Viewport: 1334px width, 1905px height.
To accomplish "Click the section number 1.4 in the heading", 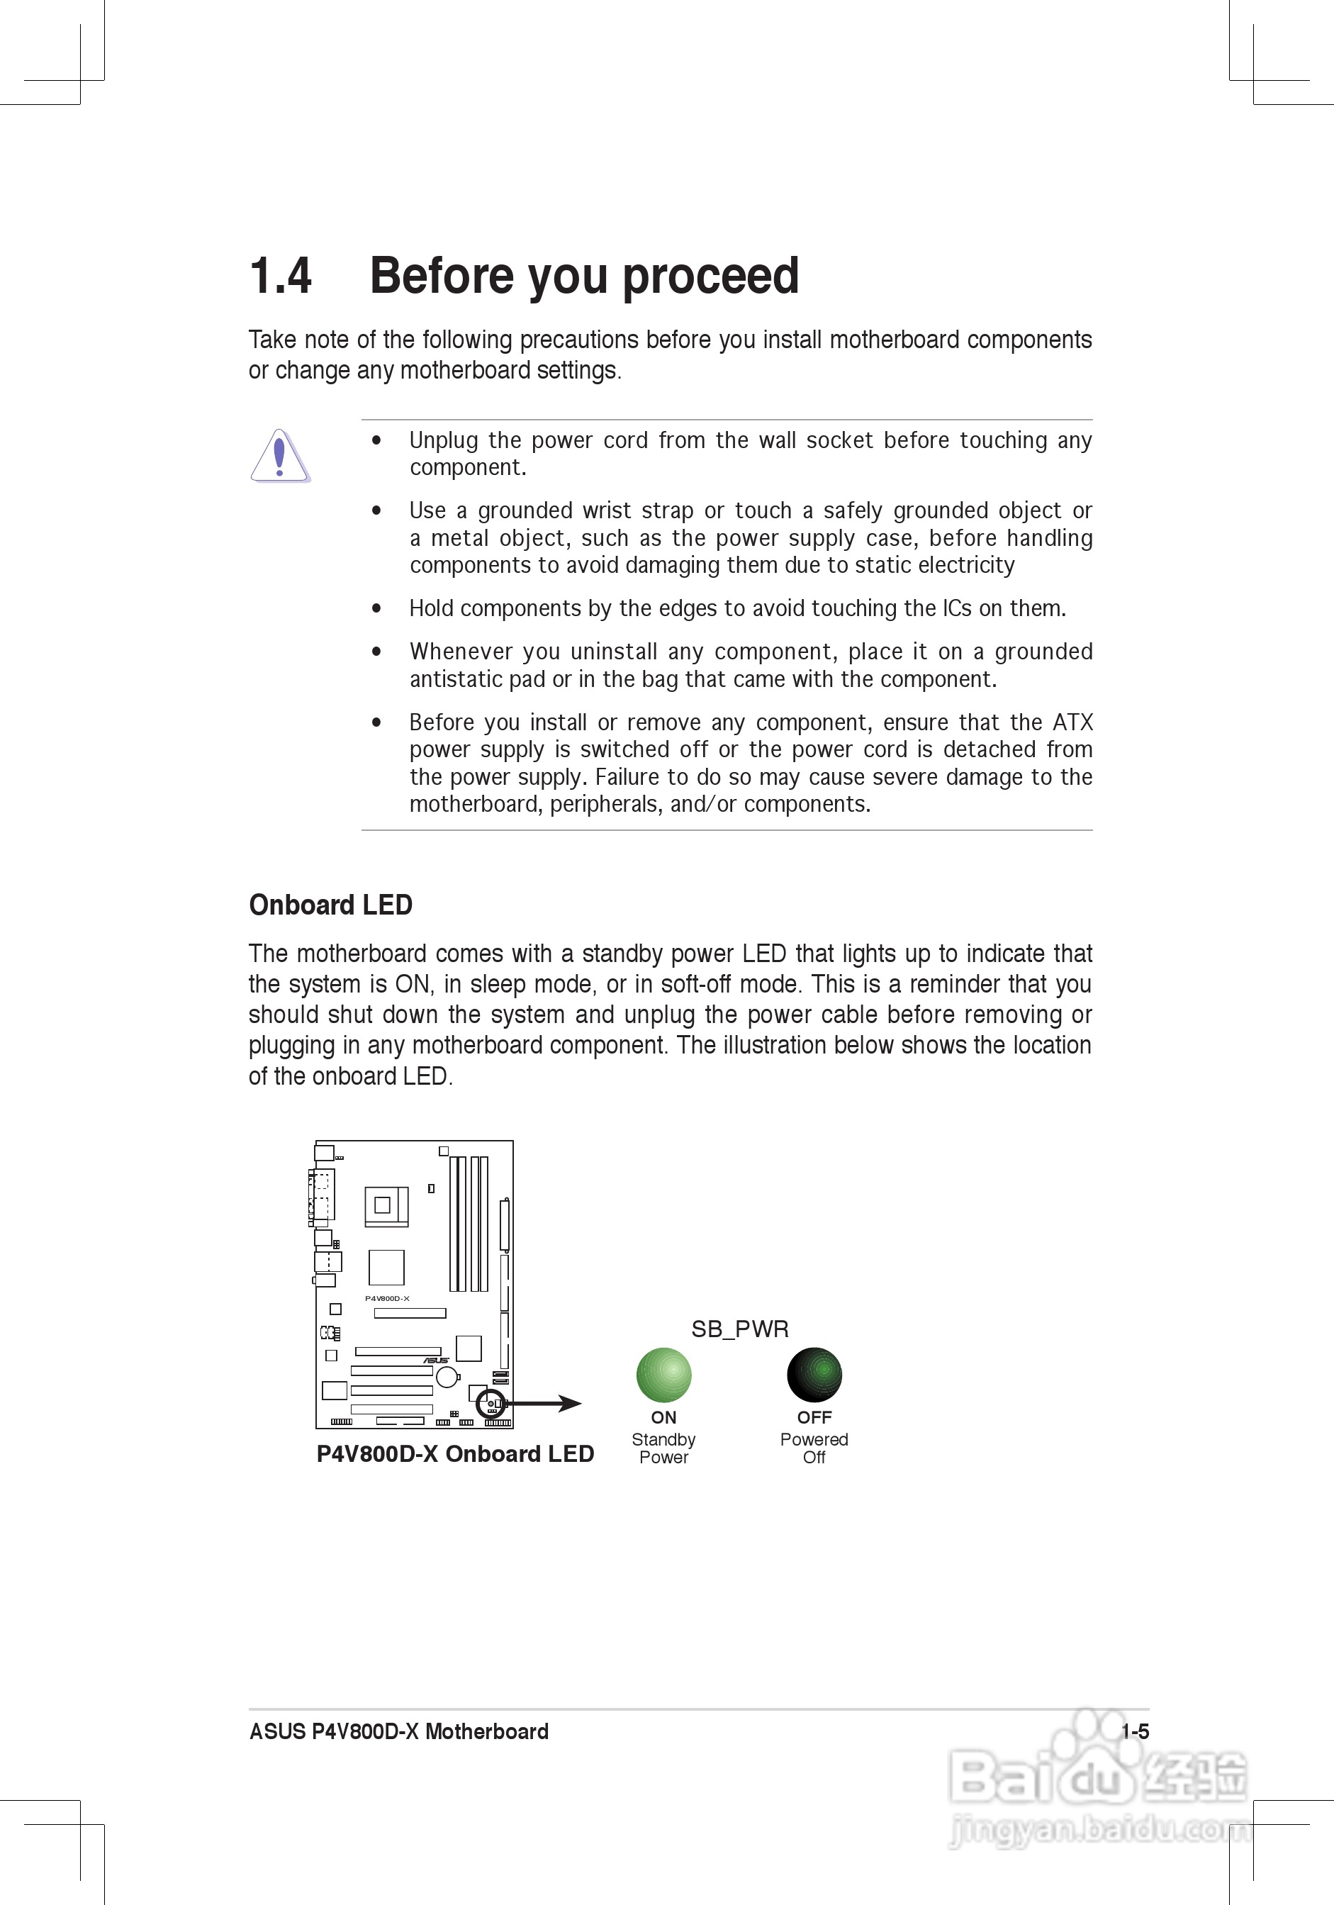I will click(x=281, y=276).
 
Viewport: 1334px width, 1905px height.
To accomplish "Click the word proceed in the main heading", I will click(x=710, y=276).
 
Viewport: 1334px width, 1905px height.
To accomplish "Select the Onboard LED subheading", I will click(x=330, y=905).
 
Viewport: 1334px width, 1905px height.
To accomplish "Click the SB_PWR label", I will click(x=740, y=1329).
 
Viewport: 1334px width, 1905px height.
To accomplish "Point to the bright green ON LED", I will click(x=663, y=1375).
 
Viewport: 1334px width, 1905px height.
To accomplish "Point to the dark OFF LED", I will click(x=814, y=1375).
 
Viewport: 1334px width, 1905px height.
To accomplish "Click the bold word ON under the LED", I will click(x=663, y=1417).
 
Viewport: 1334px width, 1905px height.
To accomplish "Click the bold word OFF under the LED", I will click(x=814, y=1417).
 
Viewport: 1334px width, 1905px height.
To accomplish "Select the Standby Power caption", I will click(x=663, y=1448).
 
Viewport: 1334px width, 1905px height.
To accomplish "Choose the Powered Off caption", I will click(x=814, y=1448).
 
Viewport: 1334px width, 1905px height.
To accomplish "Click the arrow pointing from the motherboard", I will click(x=547, y=1404).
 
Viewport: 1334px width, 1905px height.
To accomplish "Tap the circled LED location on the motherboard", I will click(x=491, y=1404).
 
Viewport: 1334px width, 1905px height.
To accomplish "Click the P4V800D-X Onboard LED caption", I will click(x=454, y=1453).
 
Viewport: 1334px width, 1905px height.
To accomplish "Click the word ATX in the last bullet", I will click(x=1072, y=722).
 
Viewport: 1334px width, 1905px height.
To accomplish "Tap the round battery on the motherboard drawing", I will click(x=447, y=1378).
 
